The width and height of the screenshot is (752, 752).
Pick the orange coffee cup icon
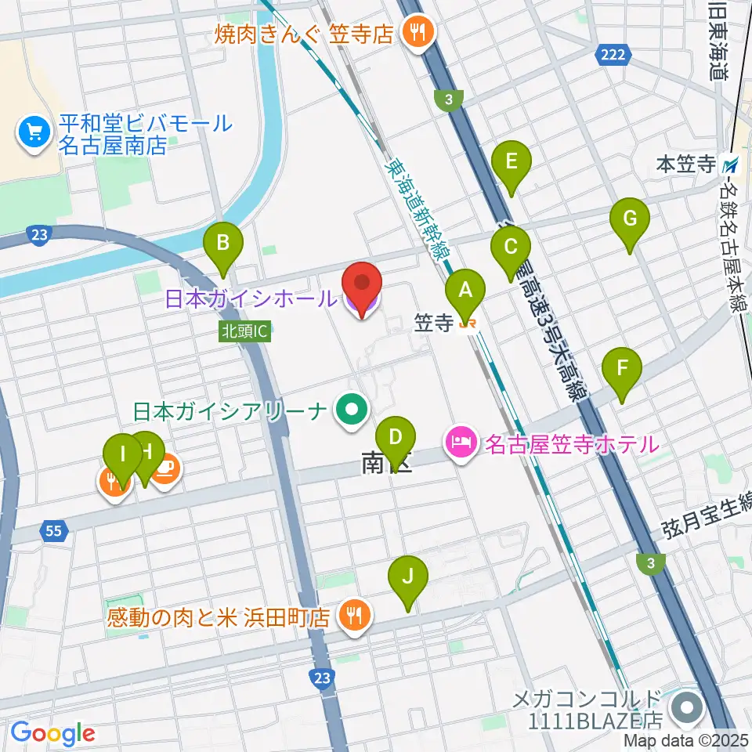point(166,471)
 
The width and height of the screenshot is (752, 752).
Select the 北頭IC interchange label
point(245,332)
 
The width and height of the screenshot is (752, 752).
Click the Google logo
point(52,733)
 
